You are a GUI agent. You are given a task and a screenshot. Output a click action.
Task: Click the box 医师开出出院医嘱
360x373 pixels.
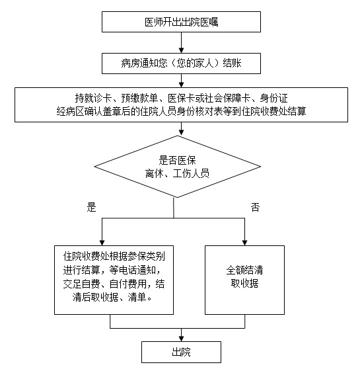pyautogui.click(x=181, y=22)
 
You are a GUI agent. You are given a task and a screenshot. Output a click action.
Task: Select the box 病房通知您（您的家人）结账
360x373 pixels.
pyautogui.click(x=181, y=63)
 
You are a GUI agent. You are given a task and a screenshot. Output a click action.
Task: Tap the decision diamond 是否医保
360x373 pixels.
pyautogui.click(x=178, y=167)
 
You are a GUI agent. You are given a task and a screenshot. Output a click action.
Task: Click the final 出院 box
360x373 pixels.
pyautogui.click(x=181, y=352)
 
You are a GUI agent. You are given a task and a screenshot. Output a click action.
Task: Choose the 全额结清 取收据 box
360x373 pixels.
pyautogui.click(x=244, y=280)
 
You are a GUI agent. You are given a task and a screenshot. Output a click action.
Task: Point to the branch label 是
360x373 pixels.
pyautogui.click(x=91, y=207)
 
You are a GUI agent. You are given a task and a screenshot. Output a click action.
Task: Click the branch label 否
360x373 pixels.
pyautogui.click(x=255, y=207)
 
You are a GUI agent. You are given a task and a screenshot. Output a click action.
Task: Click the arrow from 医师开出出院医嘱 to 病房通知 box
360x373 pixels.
pyautogui.click(x=181, y=42)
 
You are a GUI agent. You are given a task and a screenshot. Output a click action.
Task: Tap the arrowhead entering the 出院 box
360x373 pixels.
pyautogui.click(x=181, y=339)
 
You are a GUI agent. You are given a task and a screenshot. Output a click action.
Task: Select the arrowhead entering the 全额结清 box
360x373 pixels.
pyautogui.click(x=244, y=243)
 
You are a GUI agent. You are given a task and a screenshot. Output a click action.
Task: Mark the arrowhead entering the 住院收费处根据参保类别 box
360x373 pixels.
pyautogui.click(x=102, y=243)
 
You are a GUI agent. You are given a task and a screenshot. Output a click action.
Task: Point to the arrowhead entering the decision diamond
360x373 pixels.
pyautogui.click(x=181, y=133)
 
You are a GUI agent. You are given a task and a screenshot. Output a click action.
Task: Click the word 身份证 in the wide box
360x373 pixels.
pyautogui.click(x=273, y=98)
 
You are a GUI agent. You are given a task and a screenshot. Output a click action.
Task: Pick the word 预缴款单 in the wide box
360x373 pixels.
pyautogui.click(x=139, y=98)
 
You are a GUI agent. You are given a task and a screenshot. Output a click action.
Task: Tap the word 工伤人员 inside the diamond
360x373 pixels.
pyautogui.click(x=191, y=173)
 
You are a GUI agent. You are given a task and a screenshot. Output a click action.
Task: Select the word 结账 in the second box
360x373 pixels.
pyautogui.click(x=232, y=63)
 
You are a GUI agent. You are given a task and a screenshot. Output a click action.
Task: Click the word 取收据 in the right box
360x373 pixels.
pyautogui.click(x=244, y=283)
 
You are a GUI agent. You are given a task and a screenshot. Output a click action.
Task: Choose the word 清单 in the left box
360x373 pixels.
pyautogui.click(x=137, y=297)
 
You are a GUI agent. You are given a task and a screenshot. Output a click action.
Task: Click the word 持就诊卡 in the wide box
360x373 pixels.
pyautogui.click(x=93, y=98)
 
